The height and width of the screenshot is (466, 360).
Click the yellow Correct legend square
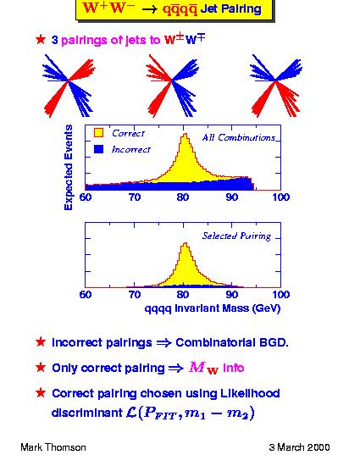98,132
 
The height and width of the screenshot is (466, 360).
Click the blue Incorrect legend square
98,149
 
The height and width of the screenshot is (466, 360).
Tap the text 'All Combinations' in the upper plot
239,137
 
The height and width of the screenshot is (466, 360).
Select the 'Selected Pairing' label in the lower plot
236,236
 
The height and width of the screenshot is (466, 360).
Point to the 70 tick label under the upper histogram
134,197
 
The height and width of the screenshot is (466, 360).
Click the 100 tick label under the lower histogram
280,295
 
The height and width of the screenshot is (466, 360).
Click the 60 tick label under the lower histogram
86,295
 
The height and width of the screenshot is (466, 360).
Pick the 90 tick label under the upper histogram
232,197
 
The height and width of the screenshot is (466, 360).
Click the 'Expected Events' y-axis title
69,167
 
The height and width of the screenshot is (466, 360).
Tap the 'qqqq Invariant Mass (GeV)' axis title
213,308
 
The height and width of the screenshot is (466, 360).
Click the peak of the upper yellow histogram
186,134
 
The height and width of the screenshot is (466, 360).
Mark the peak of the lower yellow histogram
186,243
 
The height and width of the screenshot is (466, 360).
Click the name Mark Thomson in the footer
53,447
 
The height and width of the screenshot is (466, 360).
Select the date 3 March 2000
299,447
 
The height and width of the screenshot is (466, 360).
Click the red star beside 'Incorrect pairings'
41,342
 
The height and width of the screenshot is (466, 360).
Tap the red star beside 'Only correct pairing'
41,368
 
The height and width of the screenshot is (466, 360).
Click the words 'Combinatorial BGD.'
232,342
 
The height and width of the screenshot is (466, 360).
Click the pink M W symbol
204,368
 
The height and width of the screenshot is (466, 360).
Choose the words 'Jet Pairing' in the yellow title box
231,9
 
